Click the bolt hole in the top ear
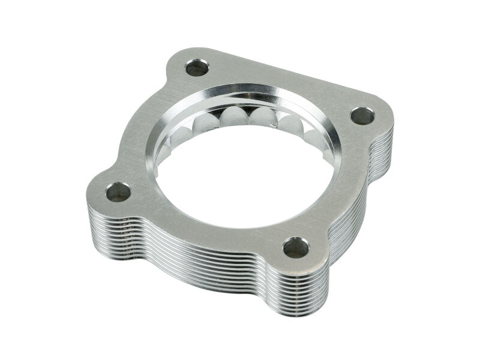pos(197,67)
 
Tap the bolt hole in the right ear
pos(362,115)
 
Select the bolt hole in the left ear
pos(118,192)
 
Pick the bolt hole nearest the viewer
pos(295,246)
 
